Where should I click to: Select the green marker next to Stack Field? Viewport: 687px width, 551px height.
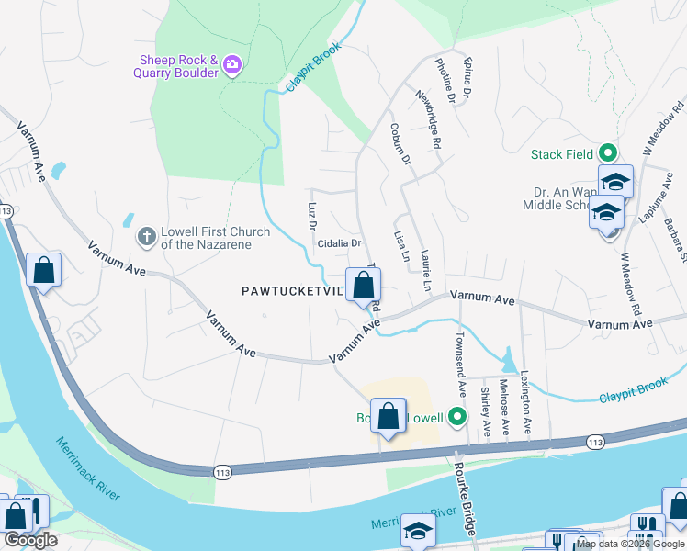click(x=607, y=154)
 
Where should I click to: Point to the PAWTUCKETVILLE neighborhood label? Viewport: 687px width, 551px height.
click(x=292, y=291)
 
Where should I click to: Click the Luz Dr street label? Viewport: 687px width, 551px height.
click(x=311, y=211)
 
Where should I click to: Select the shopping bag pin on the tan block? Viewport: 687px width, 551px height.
click(x=389, y=416)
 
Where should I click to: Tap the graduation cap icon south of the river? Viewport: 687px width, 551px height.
click(x=417, y=531)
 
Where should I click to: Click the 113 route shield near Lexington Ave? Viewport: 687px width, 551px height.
click(x=595, y=443)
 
